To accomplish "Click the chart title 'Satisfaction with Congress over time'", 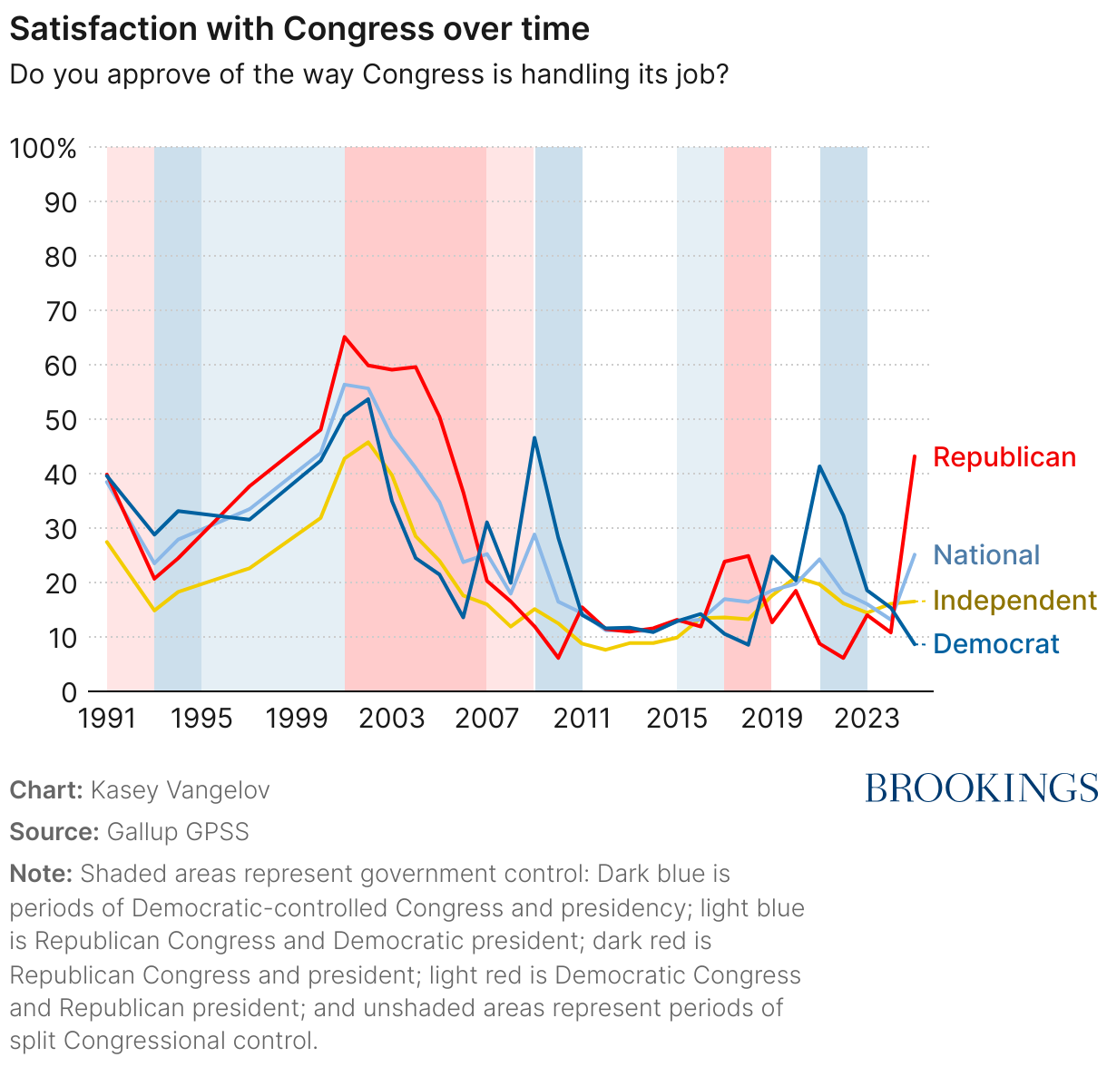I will (x=299, y=29).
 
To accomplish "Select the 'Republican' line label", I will (x=1004, y=457).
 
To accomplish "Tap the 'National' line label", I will (x=986, y=555).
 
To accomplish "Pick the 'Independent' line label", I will (x=1014, y=601).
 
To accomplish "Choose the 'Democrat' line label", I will (x=995, y=644).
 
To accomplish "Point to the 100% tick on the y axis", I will (x=43, y=148).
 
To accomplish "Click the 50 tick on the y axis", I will (x=60, y=420).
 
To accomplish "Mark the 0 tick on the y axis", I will (x=68, y=692).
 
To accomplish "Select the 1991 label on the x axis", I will (x=107, y=719).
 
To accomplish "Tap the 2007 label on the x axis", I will (x=486, y=719).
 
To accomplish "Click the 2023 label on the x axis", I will (x=866, y=719).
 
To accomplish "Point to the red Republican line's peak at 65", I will (x=345, y=338).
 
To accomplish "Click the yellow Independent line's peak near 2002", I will (x=367, y=443).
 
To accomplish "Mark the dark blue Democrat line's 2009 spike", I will (x=534, y=438).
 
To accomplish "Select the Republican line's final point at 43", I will (x=914, y=456).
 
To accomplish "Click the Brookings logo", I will (x=982, y=788).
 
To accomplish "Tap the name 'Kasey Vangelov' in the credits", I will (x=180, y=790).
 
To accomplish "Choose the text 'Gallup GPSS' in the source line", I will (x=178, y=832).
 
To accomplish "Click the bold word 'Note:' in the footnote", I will (x=41, y=875).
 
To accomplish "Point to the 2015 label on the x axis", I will (x=677, y=719).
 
